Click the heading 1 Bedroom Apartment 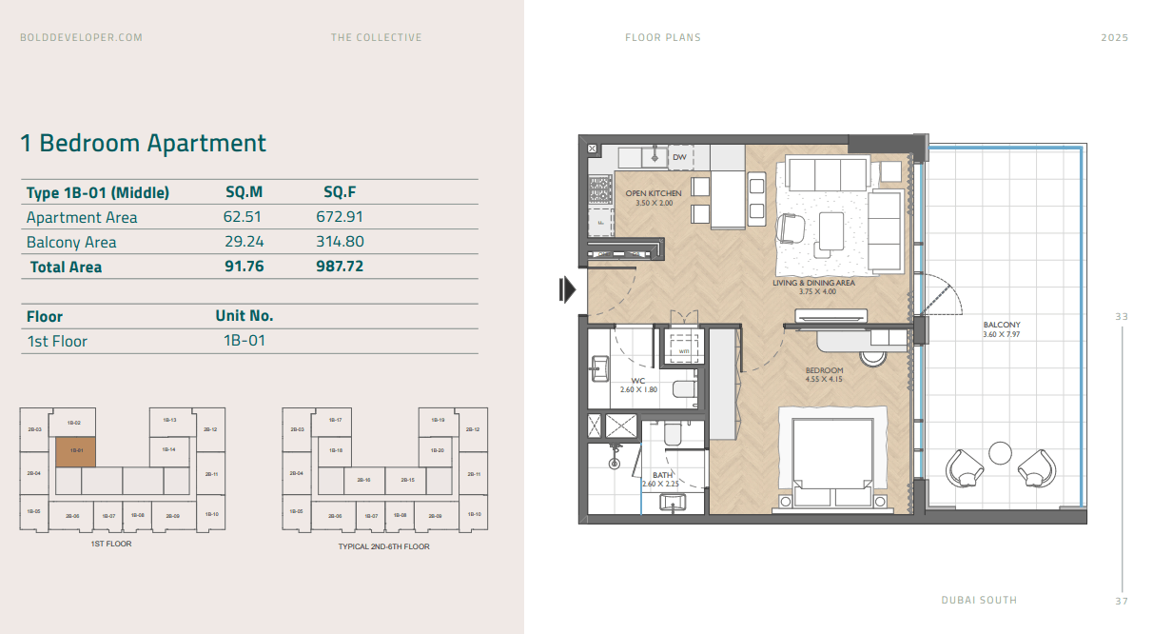pyautogui.click(x=144, y=144)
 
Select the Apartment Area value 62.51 pyautogui.click(x=242, y=217)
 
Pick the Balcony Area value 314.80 pyautogui.click(x=340, y=242)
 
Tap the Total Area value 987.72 pyautogui.click(x=340, y=267)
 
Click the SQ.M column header pyautogui.click(x=244, y=192)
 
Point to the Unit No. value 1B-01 pyautogui.click(x=244, y=341)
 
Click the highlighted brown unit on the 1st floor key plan pyautogui.click(x=75, y=451)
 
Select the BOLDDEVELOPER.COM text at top pyautogui.click(x=82, y=38)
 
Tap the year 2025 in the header pyautogui.click(x=1114, y=38)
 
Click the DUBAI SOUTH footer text pyautogui.click(x=979, y=600)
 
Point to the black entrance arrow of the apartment pyautogui.click(x=568, y=289)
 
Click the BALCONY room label pyautogui.click(x=1002, y=325)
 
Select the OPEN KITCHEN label pyautogui.click(x=653, y=193)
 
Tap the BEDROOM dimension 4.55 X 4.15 pyautogui.click(x=824, y=379)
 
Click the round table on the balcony pyautogui.click(x=1000, y=452)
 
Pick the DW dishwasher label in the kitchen pyautogui.click(x=679, y=157)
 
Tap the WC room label pyautogui.click(x=638, y=380)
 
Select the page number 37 pyautogui.click(x=1122, y=601)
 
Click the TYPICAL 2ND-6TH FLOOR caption pyautogui.click(x=383, y=546)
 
